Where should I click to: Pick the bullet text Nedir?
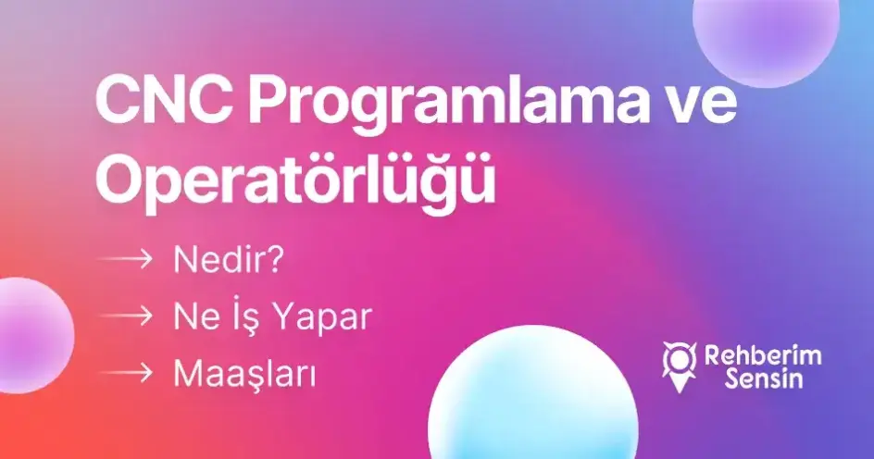228,260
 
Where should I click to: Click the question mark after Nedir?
276,260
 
